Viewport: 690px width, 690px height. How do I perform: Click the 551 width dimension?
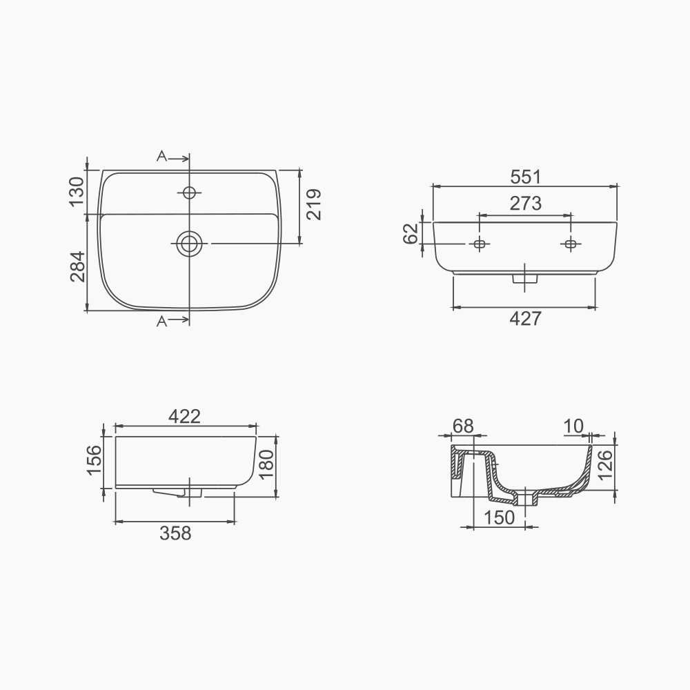[526, 177]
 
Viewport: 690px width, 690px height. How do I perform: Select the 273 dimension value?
[526, 204]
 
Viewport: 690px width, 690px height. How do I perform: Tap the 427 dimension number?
[526, 318]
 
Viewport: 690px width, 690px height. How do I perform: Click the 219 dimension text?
[315, 205]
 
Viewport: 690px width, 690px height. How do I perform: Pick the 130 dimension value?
[77, 191]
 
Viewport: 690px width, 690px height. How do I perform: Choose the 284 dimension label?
[77, 266]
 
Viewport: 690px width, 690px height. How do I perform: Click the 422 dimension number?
[185, 416]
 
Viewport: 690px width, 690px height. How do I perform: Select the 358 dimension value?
[175, 533]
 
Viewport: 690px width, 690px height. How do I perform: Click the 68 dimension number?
[463, 426]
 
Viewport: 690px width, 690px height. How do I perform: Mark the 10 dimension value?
[573, 426]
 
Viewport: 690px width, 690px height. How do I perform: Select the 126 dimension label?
[606, 464]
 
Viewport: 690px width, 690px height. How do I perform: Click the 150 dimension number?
[500, 517]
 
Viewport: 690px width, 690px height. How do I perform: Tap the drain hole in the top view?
[189, 243]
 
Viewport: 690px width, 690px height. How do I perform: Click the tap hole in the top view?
[189, 192]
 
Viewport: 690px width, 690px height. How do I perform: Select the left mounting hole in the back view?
[479, 244]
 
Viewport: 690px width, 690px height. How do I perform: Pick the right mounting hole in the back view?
[571, 244]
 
